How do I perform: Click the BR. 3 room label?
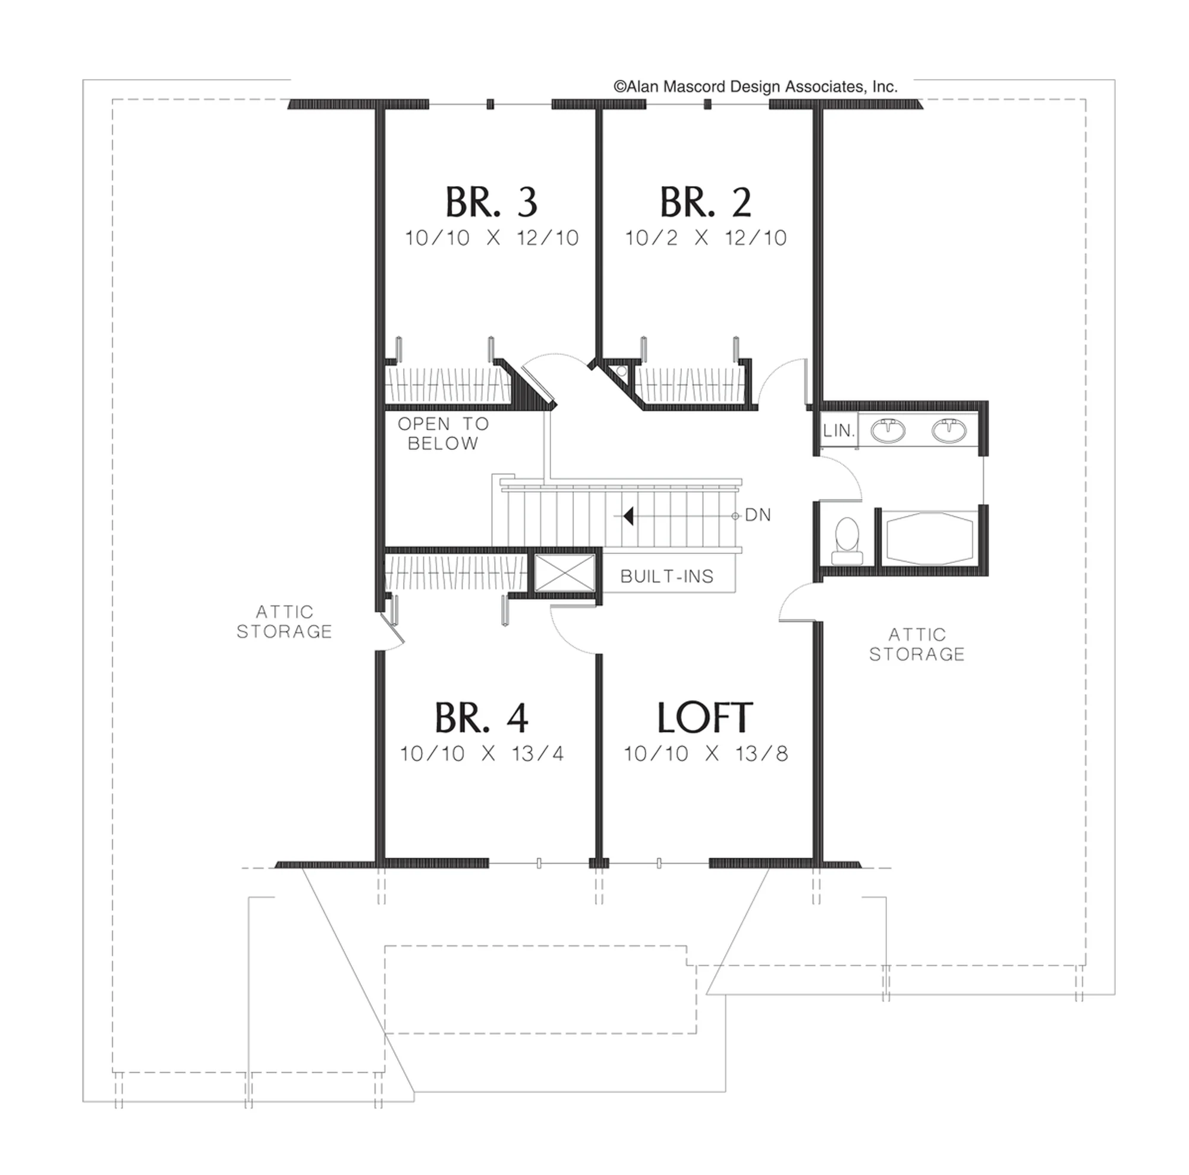pos(491,203)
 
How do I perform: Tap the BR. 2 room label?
pos(705,203)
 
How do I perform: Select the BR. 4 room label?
pos(482,717)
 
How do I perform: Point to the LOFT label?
pos(704,717)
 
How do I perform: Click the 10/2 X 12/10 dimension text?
pos(706,238)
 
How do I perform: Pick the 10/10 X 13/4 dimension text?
pos(482,754)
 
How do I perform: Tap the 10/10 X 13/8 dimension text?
pos(706,754)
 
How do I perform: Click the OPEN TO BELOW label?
pos(443,434)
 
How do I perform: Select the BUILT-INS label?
pos(667,577)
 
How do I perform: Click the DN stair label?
pos(757,515)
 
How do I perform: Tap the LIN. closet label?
pos(839,431)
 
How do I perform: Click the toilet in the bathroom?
pos(847,541)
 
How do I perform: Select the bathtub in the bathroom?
pos(929,538)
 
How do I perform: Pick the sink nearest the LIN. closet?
pos(888,430)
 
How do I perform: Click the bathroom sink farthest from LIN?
pos(949,430)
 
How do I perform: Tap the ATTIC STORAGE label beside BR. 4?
pos(284,622)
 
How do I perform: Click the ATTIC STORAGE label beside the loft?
pos(917,644)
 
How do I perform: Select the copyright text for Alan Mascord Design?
pos(756,87)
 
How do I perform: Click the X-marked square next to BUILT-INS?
pos(565,573)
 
